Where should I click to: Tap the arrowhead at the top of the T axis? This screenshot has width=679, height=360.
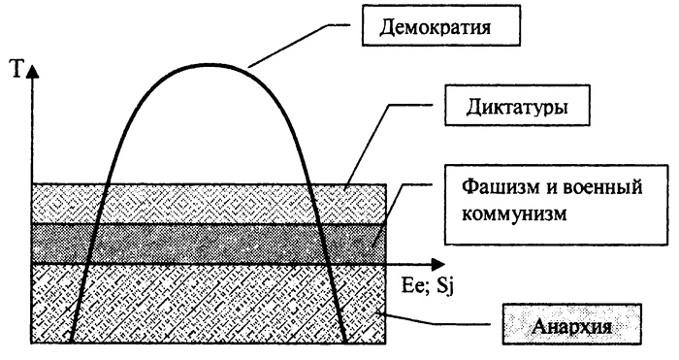coord(35,71)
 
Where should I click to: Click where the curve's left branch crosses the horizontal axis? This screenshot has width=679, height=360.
coord(86,264)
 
